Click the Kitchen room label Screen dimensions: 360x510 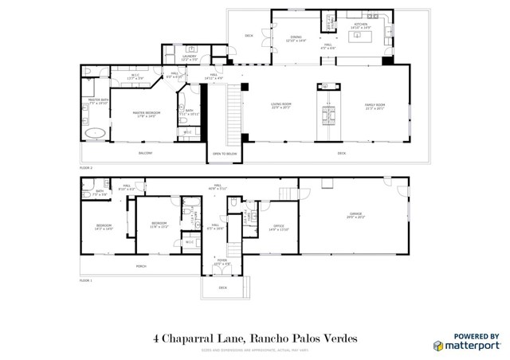[361, 25]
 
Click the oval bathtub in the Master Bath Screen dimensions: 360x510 [96, 132]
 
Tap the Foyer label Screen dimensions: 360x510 [221, 260]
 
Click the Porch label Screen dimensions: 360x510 [141, 265]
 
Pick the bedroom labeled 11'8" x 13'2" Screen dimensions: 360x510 [159, 224]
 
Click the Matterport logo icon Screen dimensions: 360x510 [439, 345]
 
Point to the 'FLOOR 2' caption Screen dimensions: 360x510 [86, 168]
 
